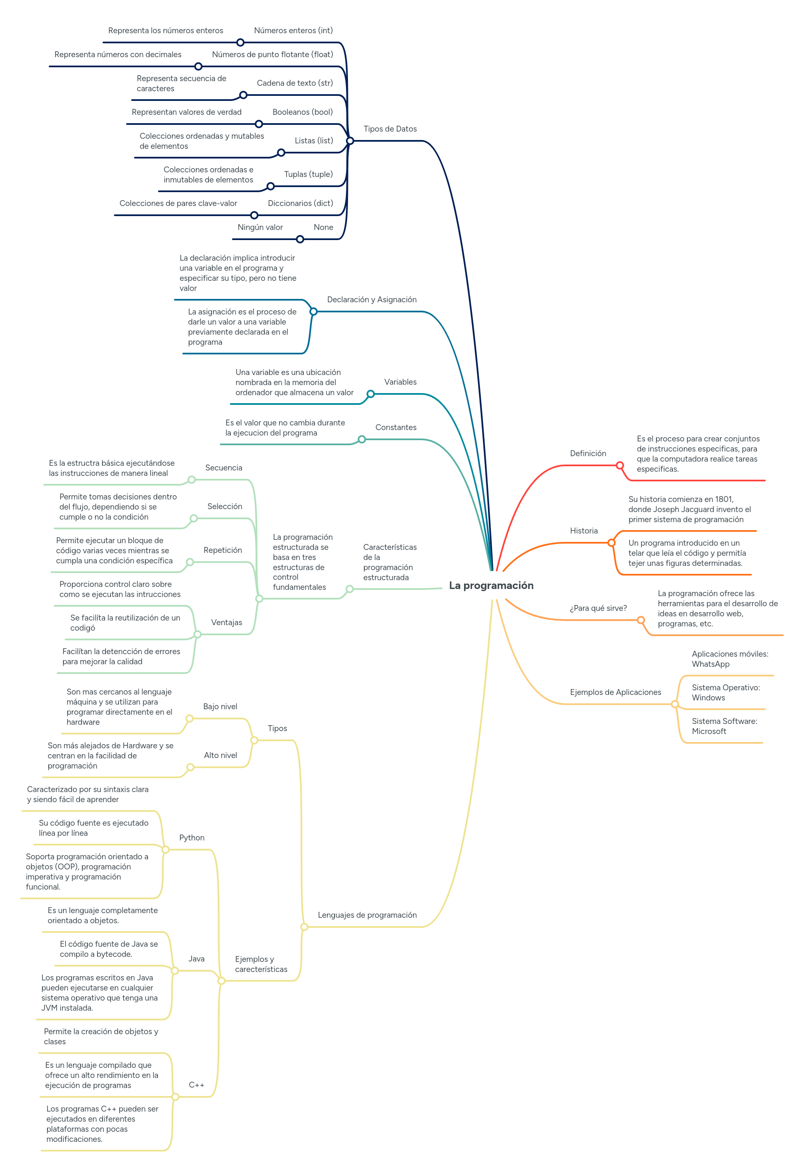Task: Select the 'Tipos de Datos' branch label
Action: point(390,129)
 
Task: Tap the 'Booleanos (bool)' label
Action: point(302,112)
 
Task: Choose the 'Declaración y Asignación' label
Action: point(372,299)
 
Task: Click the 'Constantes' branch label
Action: point(395,427)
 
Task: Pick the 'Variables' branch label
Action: point(400,382)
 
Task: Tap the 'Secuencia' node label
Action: point(224,467)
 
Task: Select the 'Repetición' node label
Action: point(223,550)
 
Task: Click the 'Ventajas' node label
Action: point(226,622)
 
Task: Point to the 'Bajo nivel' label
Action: point(220,706)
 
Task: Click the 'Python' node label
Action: point(192,837)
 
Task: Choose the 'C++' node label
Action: point(196,1085)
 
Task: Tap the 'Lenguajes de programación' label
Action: point(367,915)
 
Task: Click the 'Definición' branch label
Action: point(588,454)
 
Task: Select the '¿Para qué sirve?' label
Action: point(598,608)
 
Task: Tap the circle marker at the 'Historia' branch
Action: point(611,543)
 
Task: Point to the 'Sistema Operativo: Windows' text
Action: point(725,692)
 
